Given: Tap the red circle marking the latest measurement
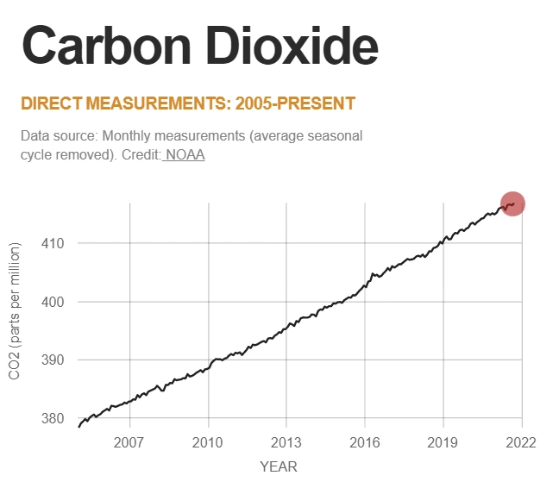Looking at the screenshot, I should pyautogui.click(x=512, y=203).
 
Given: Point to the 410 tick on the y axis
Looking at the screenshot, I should pyautogui.click(x=54, y=243).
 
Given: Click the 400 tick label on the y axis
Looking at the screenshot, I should pyautogui.click(x=54, y=302).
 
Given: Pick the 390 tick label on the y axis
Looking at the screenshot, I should pyautogui.click(x=54, y=360).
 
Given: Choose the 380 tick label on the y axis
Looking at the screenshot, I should pyautogui.click(x=54, y=419).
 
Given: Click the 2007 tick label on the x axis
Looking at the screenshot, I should pyautogui.click(x=129, y=442).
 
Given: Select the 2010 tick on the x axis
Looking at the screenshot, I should pyautogui.click(x=208, y=442).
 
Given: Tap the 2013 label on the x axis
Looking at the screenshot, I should pyautogui.click(x=286, y=442).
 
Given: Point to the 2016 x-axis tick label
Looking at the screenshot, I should pyautogui.click(x=365, y=442).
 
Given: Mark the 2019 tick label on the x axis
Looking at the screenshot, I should pyautogui.click(x=443, y=442).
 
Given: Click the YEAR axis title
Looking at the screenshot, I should pyautogui.click(x=279, y=466).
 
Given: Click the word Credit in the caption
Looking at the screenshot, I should pyautogui.click(x=141, y=155).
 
